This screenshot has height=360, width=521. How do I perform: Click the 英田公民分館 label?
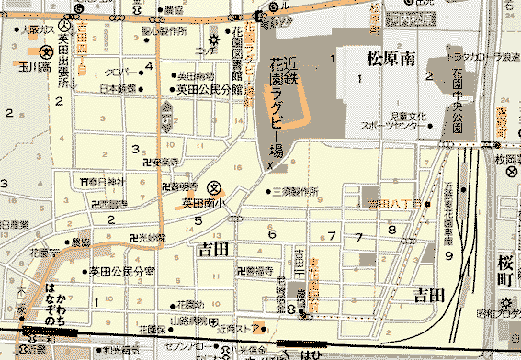tap(210, 90)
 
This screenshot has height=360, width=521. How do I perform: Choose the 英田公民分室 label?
tap(121, 272)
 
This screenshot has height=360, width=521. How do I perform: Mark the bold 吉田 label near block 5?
tap(211, 249)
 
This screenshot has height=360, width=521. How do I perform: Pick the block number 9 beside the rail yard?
tap(449, 256)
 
